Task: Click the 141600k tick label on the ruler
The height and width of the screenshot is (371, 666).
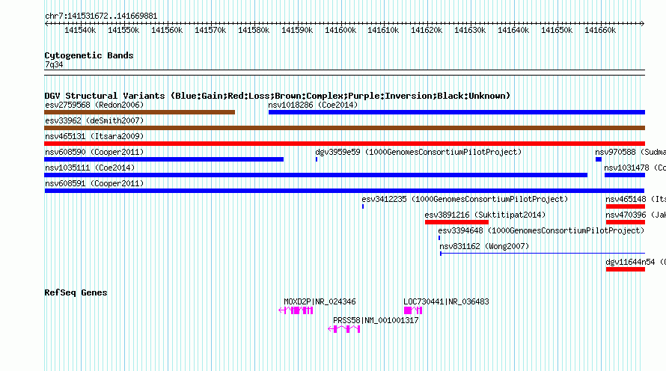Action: click(x=340, y=30)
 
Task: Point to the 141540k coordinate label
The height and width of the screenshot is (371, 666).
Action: click(x=79, y=30)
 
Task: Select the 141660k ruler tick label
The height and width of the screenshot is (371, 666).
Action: click(x=600, y=30)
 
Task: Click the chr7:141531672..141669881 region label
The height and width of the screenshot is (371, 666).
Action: click(x=101, y=16)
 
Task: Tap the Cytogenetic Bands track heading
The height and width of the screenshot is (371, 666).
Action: click(x=89, y=55)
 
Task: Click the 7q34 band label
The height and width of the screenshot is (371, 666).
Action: click(x=54, y=65)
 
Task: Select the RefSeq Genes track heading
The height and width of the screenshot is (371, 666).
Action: click(x=76, y=292)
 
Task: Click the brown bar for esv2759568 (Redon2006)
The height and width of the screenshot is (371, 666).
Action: click(x=140, y=112)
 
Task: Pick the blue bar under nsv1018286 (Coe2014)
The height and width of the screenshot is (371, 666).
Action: click(x=456, y=112)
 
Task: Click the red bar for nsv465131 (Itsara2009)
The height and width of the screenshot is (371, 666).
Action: click(x=344, y=144)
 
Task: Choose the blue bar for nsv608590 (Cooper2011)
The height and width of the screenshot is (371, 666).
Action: click(x=164, y=159)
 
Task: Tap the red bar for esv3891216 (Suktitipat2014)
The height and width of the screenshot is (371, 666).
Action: click(x=456, y=222)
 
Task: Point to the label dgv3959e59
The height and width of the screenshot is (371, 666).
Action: click(x=337, y=152)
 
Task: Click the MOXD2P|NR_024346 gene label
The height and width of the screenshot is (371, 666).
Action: click(x=320, y=301)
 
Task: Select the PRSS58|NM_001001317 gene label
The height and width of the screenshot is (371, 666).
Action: click(x=376, y=320)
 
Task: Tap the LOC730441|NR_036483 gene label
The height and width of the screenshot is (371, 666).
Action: click(x=446, y=301)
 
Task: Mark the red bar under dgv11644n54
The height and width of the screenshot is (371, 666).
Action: click(x=625, y=269)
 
